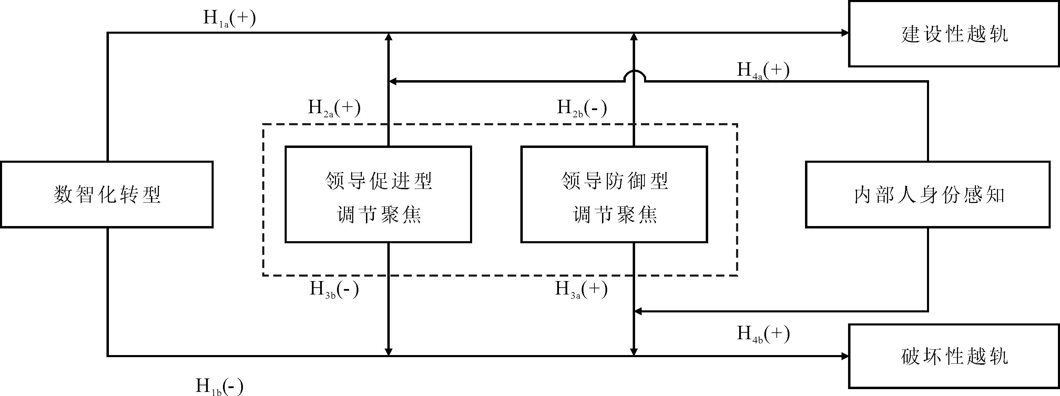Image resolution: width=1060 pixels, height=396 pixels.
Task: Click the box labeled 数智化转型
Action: click(x=106, y=194)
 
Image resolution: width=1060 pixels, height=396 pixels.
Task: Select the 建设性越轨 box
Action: click(x=954, y=34)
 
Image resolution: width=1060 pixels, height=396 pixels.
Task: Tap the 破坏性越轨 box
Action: click(x=954, y=356)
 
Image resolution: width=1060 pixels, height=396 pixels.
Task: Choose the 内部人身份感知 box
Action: click(x=928, y=194)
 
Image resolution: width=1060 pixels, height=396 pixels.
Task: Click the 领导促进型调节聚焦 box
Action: click(x=378, y=194)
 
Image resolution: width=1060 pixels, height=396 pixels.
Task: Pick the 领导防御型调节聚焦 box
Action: click(x=614, y=194)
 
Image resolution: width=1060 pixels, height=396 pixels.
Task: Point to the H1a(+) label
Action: click(x=229, y=19)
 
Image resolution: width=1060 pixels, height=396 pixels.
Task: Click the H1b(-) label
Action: click(x=219, y=386)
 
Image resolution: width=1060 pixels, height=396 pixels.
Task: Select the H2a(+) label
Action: click(x=334, y=108)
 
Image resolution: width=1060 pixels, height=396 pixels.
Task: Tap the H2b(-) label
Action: click(x=582, y=108)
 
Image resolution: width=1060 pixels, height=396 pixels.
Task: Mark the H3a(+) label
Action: click(x=581, y=289)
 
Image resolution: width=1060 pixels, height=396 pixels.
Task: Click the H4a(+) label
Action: click(x=763, y=70)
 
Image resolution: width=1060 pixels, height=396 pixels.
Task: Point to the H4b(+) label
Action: click(x=763, y=334)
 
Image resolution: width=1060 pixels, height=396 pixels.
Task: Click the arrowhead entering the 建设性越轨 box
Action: click(x=844, y=33)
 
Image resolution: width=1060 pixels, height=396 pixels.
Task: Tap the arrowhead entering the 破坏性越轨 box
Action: click(x=844, y=356)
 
